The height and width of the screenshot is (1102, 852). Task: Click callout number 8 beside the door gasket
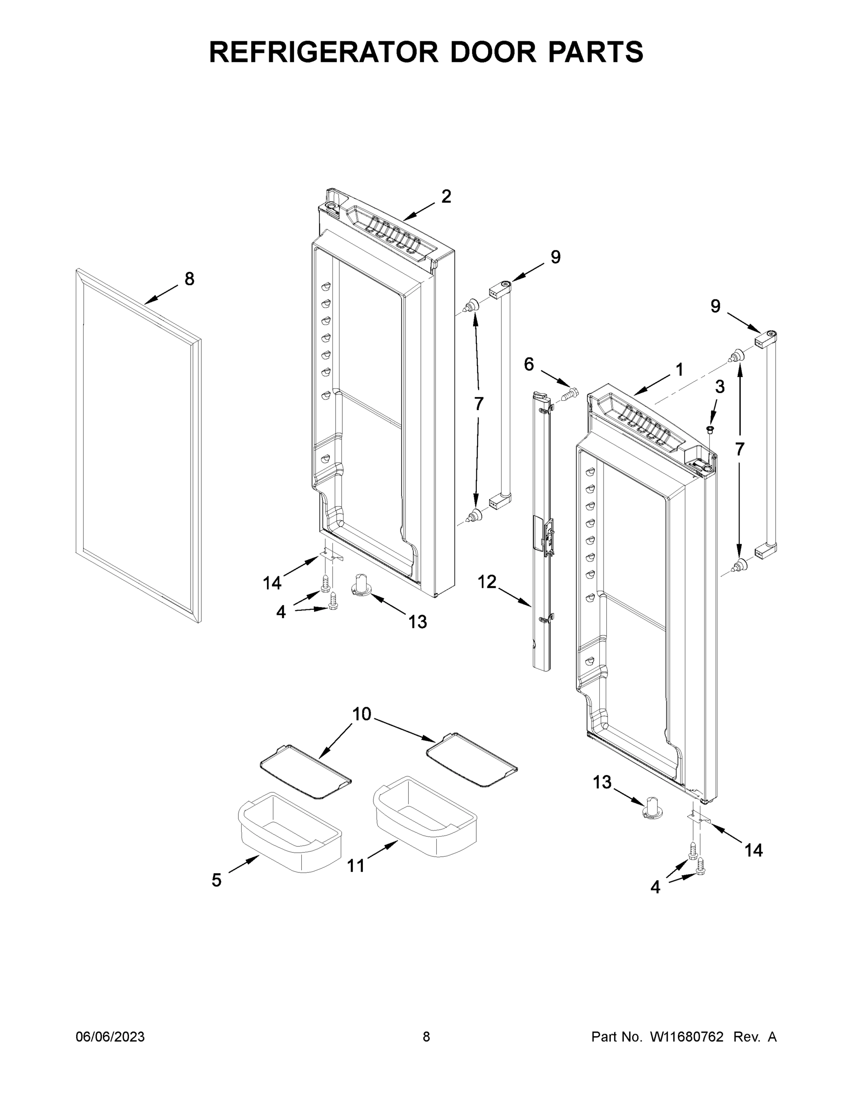point(189,279)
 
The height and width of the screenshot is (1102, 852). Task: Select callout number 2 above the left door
point(446,196)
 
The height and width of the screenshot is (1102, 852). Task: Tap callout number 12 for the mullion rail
point(487,582)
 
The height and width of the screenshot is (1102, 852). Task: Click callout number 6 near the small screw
point(529,364)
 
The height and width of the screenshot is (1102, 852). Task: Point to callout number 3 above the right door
point(720,387)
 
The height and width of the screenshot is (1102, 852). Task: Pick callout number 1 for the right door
point(679,370)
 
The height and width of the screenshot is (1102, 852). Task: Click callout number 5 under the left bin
point(216,881)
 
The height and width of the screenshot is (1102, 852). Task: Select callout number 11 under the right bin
point(355,866)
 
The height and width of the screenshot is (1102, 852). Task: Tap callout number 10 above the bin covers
point(361,714)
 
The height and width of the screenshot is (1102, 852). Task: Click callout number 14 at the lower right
point(754,851)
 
